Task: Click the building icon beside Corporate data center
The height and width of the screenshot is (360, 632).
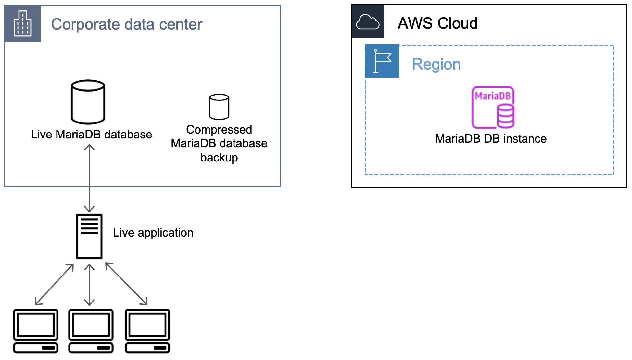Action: pos(23,23)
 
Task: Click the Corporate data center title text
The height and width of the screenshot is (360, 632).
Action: pos(127,24)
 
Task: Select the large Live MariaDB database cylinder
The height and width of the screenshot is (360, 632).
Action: pos(88,102)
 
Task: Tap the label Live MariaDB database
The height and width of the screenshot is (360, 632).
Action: pos(91,135)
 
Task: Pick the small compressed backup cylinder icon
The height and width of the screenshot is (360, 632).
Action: pos(219,107)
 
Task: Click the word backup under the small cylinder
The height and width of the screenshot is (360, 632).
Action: pos(219,158)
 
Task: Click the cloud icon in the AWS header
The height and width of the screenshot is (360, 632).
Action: pos(368,22)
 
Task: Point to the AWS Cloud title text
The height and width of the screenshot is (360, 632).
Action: pos(437,23)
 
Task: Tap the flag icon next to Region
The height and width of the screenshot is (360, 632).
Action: pos(382,61)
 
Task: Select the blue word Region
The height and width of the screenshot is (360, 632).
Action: pos(436,64)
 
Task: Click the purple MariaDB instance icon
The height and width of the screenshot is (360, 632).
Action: pos(493,107)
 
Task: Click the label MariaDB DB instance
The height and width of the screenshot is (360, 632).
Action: pos(491,139)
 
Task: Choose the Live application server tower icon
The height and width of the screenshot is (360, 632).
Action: pos(89,236)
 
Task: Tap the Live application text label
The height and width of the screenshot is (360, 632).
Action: pos(153,233)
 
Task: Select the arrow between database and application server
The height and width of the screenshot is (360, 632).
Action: pos(89,178)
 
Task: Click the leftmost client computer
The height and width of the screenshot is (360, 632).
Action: pos(36,331)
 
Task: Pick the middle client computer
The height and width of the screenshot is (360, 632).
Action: pos(91,331)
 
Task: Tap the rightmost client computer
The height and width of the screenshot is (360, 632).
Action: pos(147,331)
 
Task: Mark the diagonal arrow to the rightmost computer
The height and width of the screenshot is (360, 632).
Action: pos(126,284)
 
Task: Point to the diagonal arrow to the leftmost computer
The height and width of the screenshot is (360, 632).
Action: pos(54,284)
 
